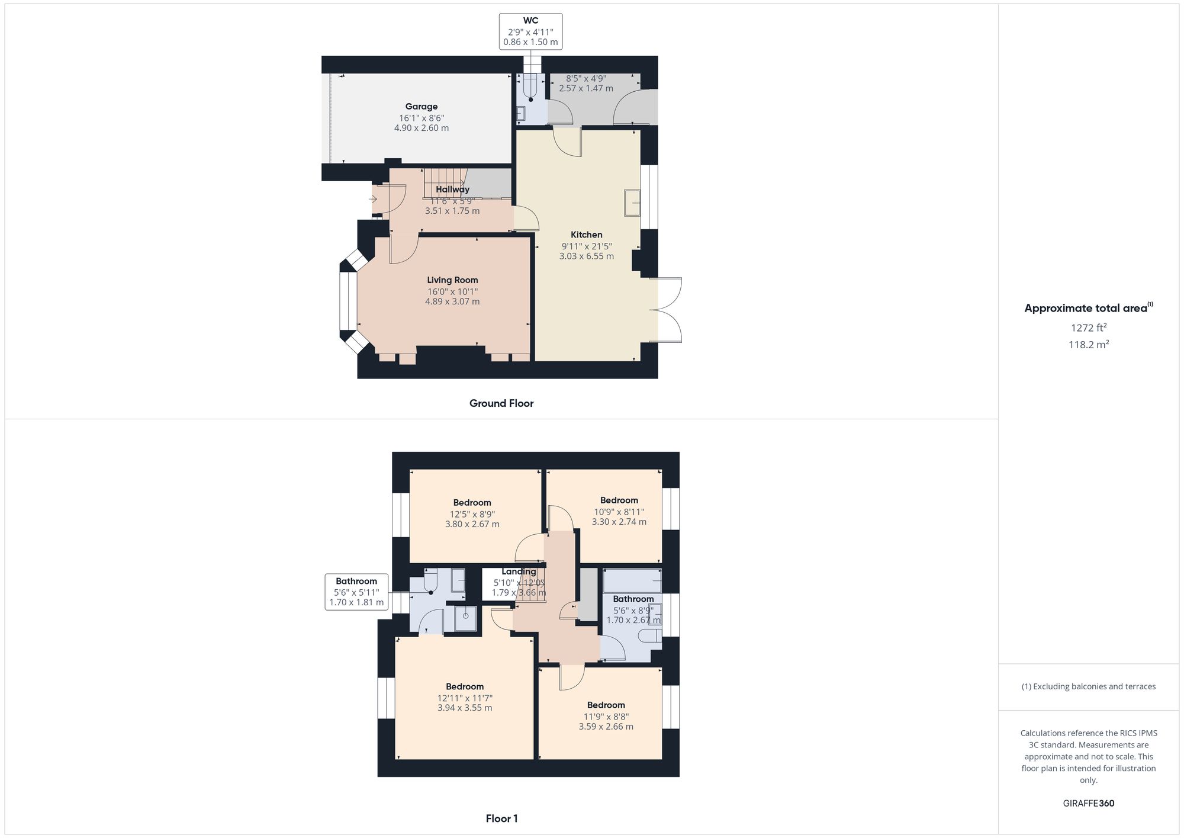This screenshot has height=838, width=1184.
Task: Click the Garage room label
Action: (x=422, y=107)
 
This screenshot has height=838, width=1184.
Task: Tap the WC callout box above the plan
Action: (x=530, y=31)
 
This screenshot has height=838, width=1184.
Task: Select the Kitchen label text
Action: (x=586, y=235)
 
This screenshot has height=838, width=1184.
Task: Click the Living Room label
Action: (x=452, y=280)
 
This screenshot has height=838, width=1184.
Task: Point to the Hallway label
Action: (x=452, y=190)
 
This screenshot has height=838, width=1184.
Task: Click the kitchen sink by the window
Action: (x=632, y=203)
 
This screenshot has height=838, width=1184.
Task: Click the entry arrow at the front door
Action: (x=374, y=199)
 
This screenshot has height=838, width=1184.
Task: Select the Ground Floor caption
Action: (x=501, y=403)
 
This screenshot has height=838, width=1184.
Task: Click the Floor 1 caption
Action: (x=501, y=818)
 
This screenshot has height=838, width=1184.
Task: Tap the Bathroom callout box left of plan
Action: (x=356, y=592)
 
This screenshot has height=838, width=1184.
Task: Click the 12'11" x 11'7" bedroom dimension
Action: (x=465, y=698)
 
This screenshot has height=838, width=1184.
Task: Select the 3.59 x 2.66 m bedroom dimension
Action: (x=606, y=727)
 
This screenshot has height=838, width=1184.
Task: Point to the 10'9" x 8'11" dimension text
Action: (x=619, y=512)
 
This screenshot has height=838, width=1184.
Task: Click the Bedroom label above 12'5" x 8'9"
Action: (x=472, y=503)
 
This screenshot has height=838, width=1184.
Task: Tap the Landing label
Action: (x=519, y=571)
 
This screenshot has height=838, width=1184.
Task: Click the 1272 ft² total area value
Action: (x=1088, y=328)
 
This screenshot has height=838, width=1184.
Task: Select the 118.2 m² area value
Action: (x=1088, y=345)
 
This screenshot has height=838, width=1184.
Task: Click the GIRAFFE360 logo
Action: (x=1088, y=804)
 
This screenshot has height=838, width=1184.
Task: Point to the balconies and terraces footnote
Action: (x=1088, y=686)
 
